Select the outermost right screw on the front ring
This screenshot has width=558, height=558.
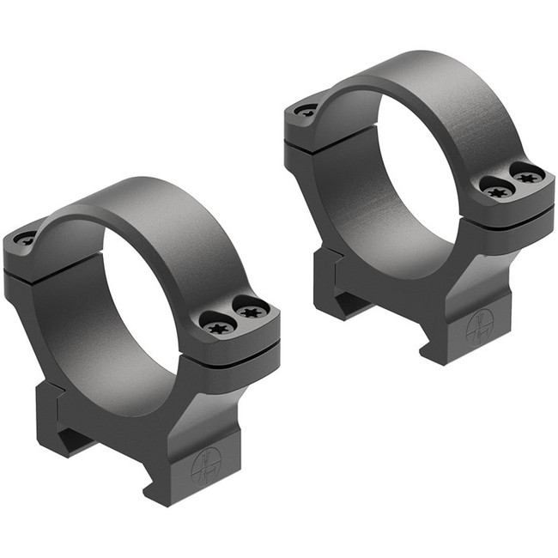[x=251, y=310]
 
